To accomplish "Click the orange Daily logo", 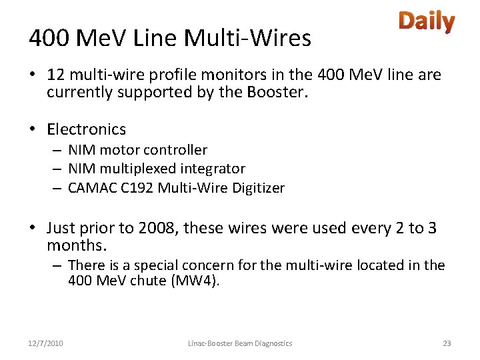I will click(427, 22).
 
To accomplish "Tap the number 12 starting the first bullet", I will click(57, 75).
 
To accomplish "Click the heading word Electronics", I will click(86, 129).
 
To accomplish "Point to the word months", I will click(75, 245).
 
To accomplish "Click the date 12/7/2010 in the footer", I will click(46, 343).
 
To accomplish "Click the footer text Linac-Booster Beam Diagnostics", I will click(240, 343).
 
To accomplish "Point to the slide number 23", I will click(447, 343).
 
